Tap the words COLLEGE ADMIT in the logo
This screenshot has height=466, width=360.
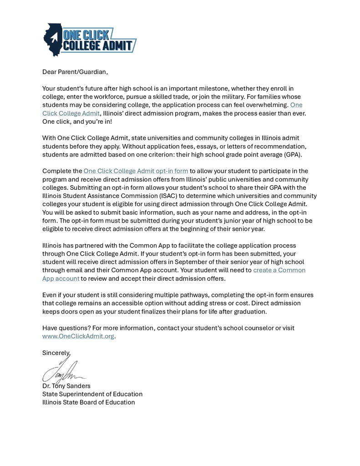(99, 46)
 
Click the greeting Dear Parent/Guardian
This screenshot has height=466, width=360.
(75, 72)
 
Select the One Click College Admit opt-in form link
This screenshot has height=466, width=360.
(136, 171)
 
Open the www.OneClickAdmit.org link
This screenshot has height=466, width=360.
(78, 336)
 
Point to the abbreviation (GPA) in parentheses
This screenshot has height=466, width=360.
(293, 154)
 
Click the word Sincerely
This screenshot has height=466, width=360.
(56, 353)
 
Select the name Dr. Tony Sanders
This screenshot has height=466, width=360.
(66, 386)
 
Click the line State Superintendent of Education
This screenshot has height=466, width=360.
(92, 394)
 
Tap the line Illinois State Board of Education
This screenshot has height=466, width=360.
(89, 402)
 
